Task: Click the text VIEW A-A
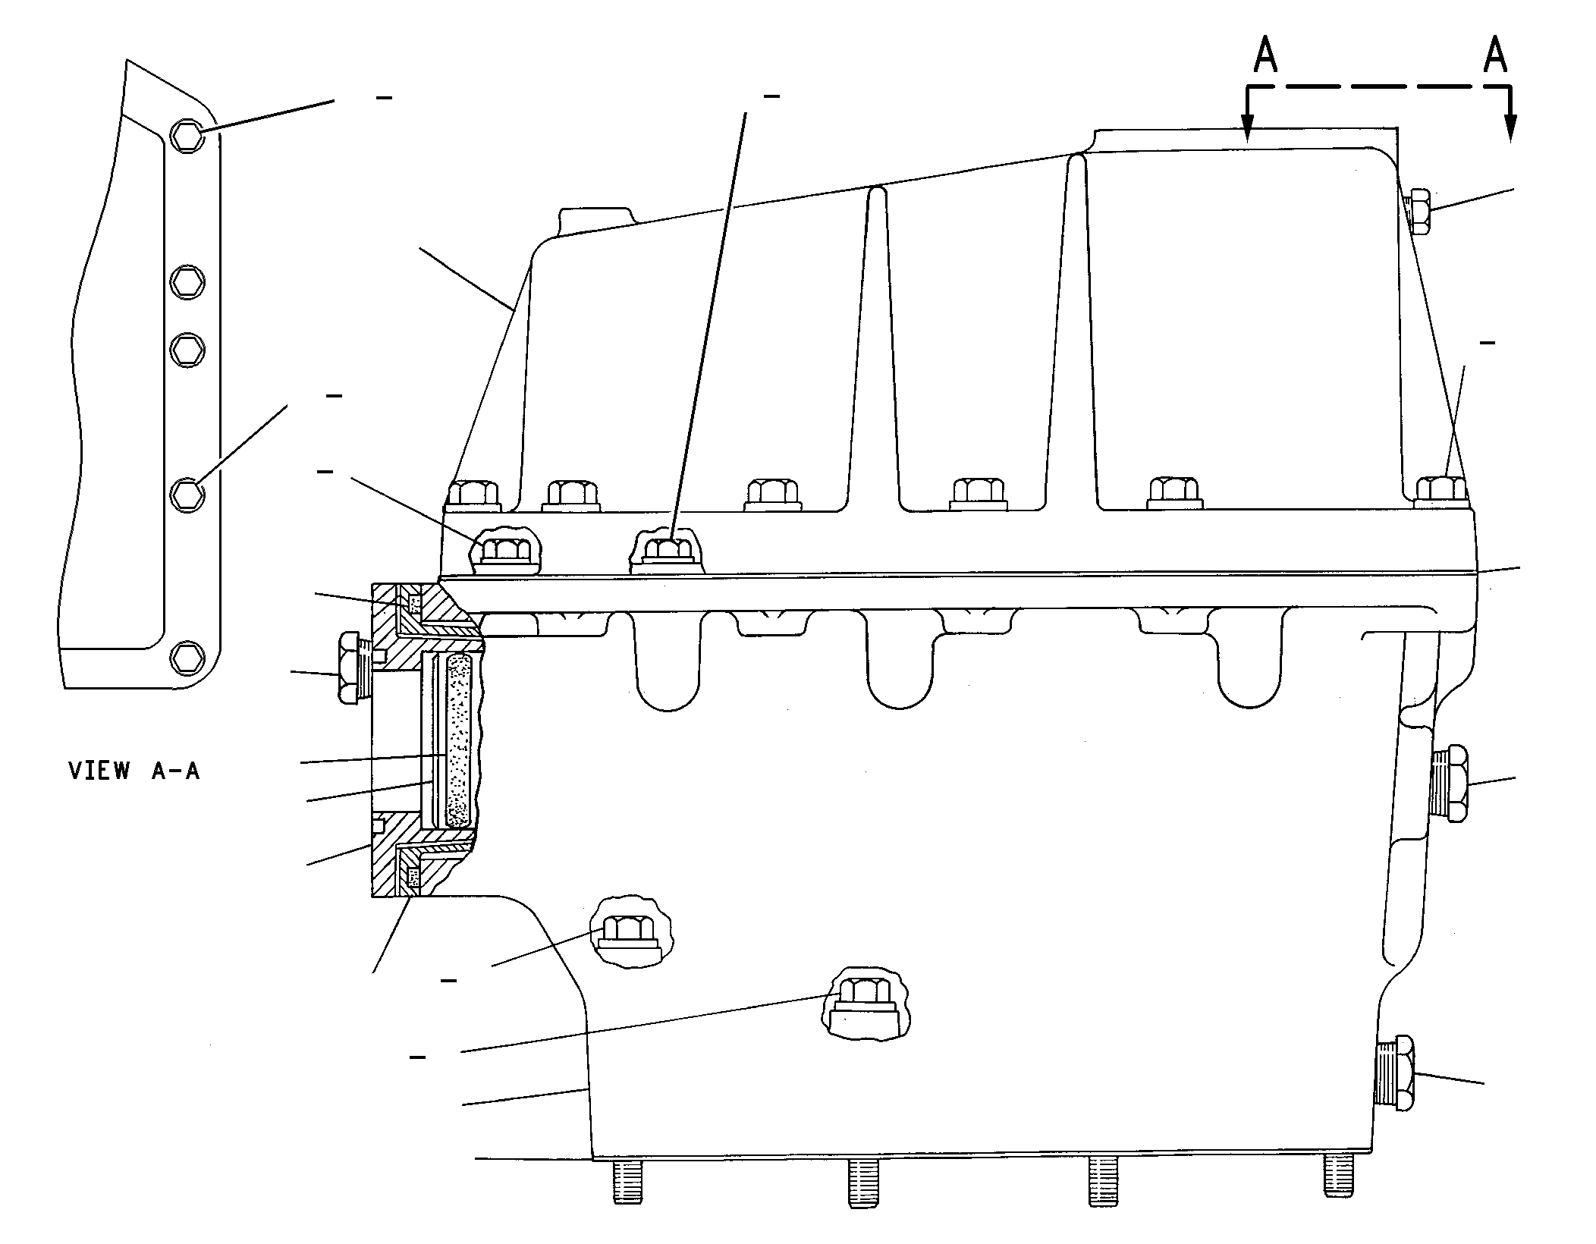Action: [x=134, y=771]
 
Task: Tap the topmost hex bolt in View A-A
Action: [x=187, y=136]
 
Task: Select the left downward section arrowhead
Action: [x=1247, y=129]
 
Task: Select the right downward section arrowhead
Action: [x=1511, y=129]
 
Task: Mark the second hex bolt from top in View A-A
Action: [x=187, y=282]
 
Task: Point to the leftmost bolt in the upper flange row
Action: [x=473, y=494]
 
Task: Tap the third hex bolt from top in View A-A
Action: [x=187, y=348]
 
